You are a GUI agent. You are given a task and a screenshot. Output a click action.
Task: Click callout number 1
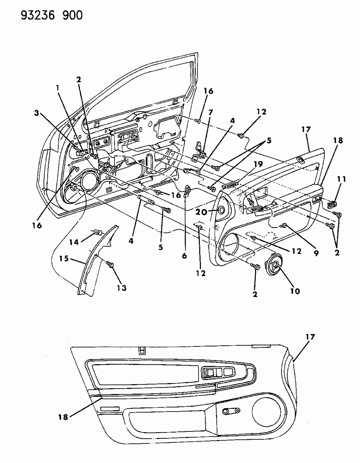click(57, 88)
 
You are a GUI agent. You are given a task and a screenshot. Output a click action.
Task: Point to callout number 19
click(258, 165)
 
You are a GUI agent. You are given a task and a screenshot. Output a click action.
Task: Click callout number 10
click(295, 291)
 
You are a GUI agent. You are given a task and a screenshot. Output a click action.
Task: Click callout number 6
click(184, 256)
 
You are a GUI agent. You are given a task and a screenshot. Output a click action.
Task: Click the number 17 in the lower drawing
click(310, 337)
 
